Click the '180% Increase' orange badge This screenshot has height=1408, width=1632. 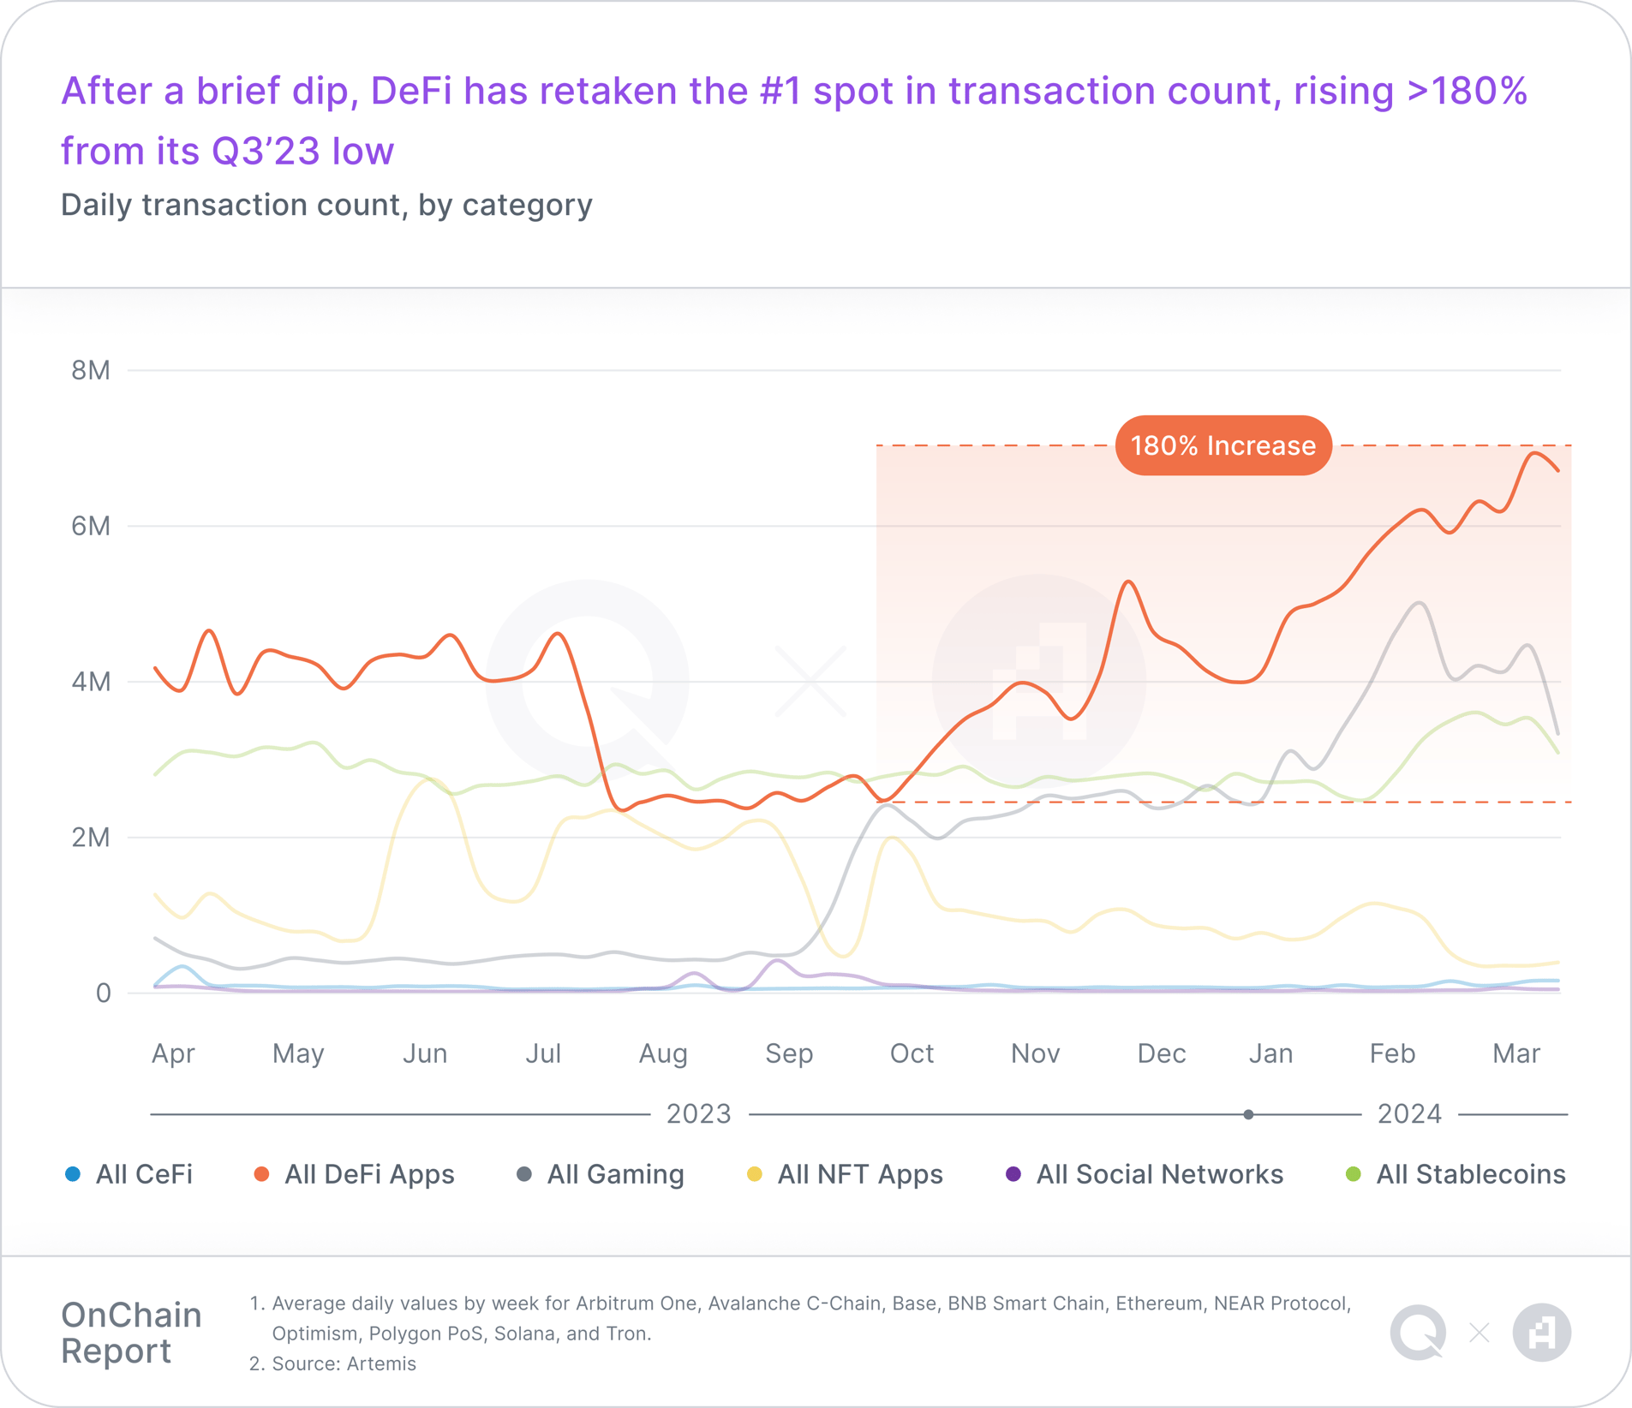tap(1223, 445)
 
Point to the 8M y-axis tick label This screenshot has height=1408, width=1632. tap(91, 370)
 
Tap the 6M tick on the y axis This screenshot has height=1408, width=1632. tap(91, 526)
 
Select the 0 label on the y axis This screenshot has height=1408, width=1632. tap(103, 993)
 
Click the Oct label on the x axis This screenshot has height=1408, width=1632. tap(911, 1053)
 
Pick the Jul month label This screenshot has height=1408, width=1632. tap(542, 1053)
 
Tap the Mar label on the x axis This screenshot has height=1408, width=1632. tap(1515, 1053)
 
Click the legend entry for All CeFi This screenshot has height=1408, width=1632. tap(129, 1174)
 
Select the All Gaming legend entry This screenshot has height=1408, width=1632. tap(601, 1174)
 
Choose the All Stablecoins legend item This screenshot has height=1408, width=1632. tap(1456, 1174)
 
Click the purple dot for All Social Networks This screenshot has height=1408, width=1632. tap(1013, 1174)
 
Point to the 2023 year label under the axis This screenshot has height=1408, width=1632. tap(698, 1114)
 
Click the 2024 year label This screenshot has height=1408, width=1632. tap(1409, 1114)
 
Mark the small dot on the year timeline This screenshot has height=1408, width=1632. tap(1248, 1114)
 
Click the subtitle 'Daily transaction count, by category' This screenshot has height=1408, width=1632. tap(326, 205)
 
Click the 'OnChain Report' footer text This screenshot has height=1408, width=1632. tap(131, 1333)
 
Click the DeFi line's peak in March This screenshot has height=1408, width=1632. tap(1534, 452)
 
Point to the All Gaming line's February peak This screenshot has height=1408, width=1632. tap(1420, 603)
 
